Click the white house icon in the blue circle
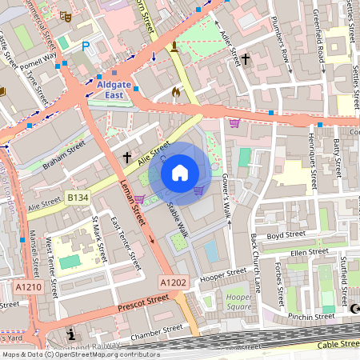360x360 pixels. click(180, 173)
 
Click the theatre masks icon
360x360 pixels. click(66, 14)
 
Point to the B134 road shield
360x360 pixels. click(78, 197)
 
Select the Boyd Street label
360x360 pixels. click(286, 235)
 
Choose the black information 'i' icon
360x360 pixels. click(72, 334)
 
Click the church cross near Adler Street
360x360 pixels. click(246, 58)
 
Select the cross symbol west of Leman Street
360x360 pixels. click(126, 158)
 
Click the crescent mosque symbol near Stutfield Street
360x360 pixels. click(355, 309)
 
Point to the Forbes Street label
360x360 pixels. click(279, 283)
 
